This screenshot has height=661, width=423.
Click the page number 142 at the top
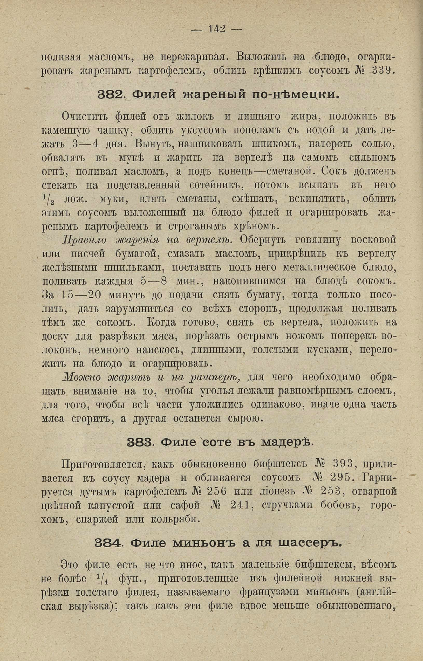[x=217, y=29]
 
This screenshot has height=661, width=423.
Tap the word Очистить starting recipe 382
[x=84, y=117]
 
